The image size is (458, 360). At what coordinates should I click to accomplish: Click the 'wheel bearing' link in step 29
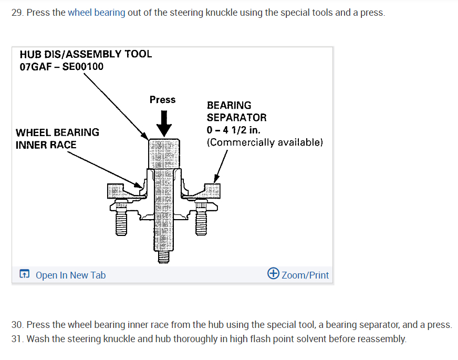point(96,12)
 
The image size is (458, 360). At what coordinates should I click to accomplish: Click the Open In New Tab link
point(70,275)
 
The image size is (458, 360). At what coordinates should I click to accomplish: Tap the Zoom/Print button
point(305,275)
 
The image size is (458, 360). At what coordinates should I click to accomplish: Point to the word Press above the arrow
point(162,100)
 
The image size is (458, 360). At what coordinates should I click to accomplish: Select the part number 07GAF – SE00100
point(61,67)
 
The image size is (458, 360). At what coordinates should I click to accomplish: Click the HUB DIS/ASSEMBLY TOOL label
point(86,54)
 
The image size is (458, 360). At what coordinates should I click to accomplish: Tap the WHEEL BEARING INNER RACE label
point(57,138)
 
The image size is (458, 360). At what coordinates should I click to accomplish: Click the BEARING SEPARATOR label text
point(236,111)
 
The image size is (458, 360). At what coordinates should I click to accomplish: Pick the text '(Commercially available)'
point(265,142)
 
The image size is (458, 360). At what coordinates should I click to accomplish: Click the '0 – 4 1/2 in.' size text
point(233,130)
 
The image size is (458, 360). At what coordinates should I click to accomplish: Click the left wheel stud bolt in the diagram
point(121,220)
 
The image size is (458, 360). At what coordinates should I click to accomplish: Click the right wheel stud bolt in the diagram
point(200,220)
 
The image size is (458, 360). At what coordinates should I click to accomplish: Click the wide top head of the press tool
point(163,147)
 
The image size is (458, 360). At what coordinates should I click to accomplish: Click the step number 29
point(17,12)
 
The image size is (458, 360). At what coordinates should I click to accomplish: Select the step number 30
point(17,325)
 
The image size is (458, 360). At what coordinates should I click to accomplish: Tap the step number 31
point(17,338)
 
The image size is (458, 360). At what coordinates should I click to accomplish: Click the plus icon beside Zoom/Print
point(273,274)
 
